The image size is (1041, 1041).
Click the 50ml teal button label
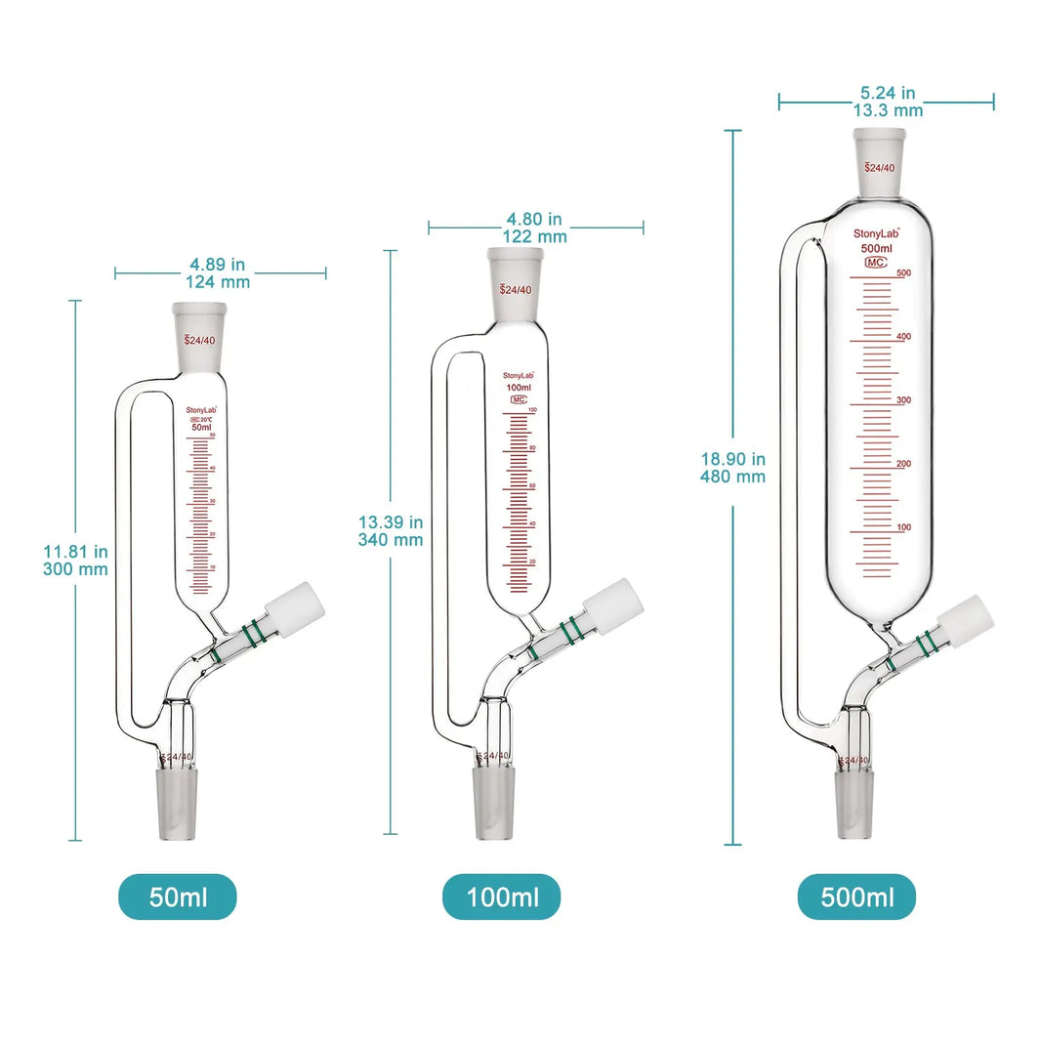177,896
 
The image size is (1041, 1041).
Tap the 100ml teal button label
501,896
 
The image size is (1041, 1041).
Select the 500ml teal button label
856,896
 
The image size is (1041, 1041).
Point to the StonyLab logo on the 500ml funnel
875,233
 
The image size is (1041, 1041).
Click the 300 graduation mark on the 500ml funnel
903,400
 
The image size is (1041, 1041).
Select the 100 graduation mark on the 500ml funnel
903,527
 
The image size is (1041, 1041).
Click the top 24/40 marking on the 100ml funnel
515,289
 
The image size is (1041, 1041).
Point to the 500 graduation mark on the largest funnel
903,273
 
